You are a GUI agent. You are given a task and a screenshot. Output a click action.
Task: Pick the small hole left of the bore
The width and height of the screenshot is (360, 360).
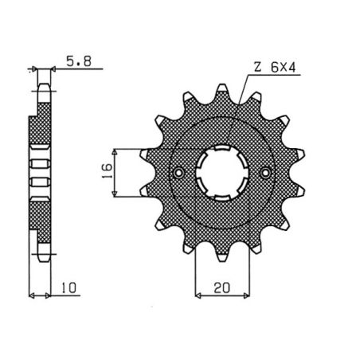point(180,172)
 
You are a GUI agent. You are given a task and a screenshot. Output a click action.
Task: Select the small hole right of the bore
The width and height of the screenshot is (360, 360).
point(265,172)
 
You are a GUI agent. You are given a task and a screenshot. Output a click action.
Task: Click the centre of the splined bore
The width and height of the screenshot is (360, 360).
point(223,172)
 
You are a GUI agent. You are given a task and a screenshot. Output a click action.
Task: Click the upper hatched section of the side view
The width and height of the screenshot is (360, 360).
point(39,127)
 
